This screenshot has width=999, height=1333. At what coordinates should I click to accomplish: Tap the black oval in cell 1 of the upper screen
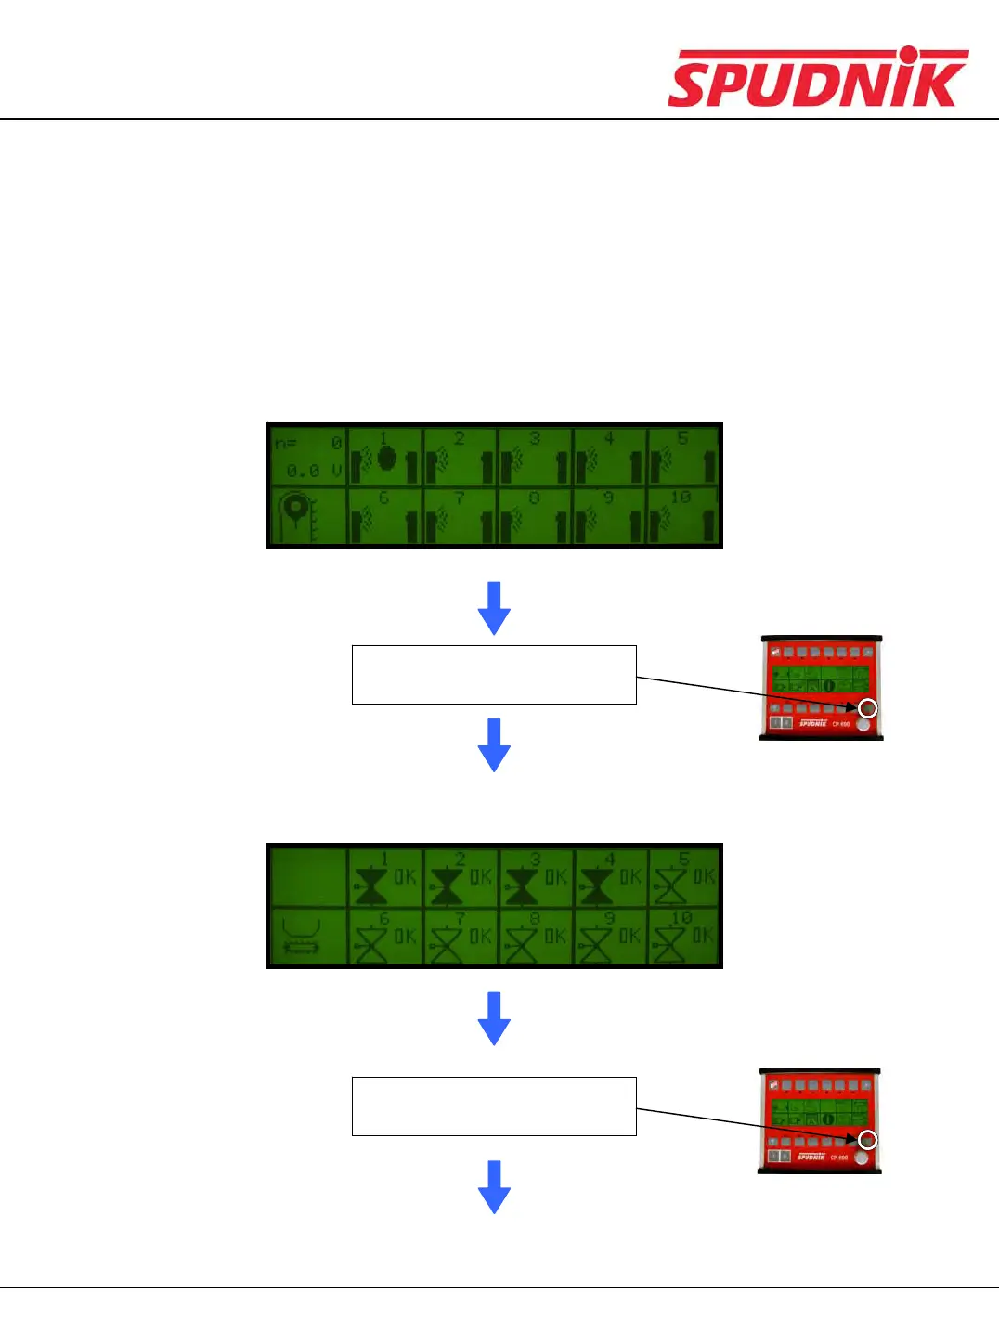click(386, 459)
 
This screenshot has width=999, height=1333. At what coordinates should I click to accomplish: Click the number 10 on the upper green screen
click(681, 498)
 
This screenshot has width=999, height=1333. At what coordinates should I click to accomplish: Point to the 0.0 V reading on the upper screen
click(314, 471)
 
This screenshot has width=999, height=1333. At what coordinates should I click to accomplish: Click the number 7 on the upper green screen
click(459, 498)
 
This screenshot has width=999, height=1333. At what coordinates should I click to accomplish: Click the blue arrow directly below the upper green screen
click(494, 608)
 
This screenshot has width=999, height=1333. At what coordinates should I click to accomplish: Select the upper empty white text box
click(494, 675)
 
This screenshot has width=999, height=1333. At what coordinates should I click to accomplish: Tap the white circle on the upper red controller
click(868, 708)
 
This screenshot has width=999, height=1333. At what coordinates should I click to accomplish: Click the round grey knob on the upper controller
click(863, 724)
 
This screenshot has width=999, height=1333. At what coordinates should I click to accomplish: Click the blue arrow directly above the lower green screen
click(494, 744)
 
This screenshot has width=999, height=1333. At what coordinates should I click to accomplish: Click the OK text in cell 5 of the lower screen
click(705, 876)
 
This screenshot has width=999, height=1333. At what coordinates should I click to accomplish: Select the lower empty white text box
click(494, 1107)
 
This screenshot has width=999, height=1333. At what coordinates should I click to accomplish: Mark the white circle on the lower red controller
click(867, 1140)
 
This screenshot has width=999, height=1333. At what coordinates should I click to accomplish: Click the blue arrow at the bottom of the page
click(494, 1186)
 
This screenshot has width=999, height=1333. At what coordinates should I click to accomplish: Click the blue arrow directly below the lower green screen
click(494, 1018)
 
